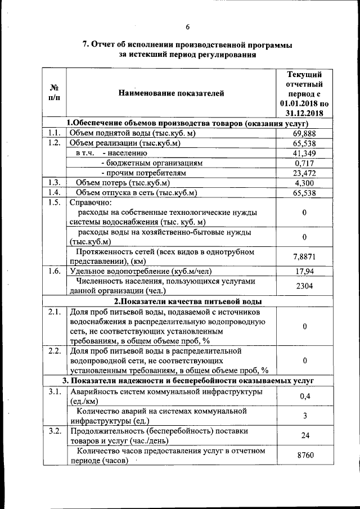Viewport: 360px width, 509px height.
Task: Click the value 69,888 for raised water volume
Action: click(x=304, y=133)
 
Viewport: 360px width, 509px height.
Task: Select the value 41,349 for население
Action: click(x=304, y=153)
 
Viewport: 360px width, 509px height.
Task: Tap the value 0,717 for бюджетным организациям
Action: click(x=304, y=163)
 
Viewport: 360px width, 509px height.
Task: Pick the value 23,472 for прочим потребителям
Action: click(x=304, y=173)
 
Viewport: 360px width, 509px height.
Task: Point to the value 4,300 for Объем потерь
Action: click(x=304, y=183)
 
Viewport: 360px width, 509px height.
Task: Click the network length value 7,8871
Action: click(x=304, y=256)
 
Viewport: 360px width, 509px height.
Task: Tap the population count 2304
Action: click(x=304, y=286)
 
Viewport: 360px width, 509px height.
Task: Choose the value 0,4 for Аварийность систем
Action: click(x=304, y=397)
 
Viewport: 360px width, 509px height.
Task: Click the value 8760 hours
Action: click(x=304, y=457)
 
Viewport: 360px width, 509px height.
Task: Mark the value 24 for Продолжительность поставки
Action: click(x=304, y=436)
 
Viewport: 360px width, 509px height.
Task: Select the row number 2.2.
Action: click(x=54, y=351)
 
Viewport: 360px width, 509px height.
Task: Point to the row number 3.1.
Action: click(x=54, y=391)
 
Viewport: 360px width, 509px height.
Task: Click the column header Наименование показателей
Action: click(x=170, y=93)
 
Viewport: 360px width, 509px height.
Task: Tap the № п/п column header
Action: click(x=55, y=93)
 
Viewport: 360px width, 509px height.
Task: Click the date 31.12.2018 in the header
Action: click(x=304, y=114)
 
